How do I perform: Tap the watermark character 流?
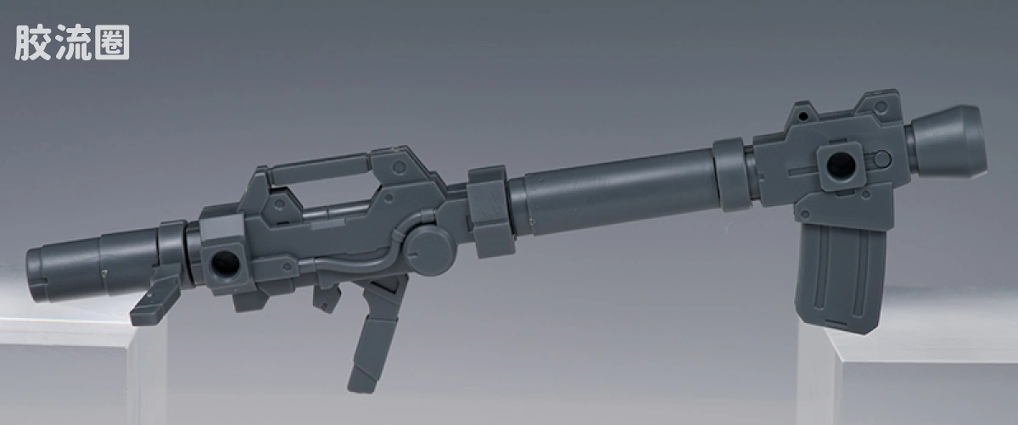[73, 42]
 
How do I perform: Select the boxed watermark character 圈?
[112, 42]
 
